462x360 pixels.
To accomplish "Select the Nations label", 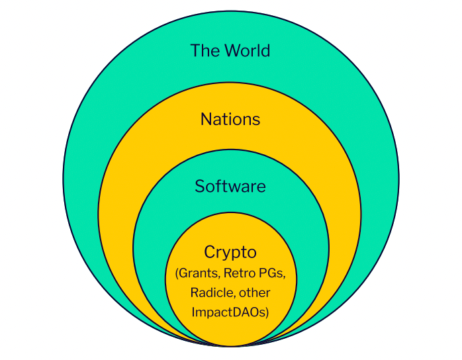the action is pyautogui.click(x=230, y=119).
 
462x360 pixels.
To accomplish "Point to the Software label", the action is pyautogui.click(x=230, y=186).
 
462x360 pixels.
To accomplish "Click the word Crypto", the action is pyautogui.click(x=230, y=252).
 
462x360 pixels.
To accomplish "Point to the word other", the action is pyautogui.click(x=254, y=292).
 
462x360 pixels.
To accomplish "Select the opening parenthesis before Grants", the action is pyautogui.click(x=177, y=273).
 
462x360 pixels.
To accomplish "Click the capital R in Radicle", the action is pyautogui.click(x=193, y=292).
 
